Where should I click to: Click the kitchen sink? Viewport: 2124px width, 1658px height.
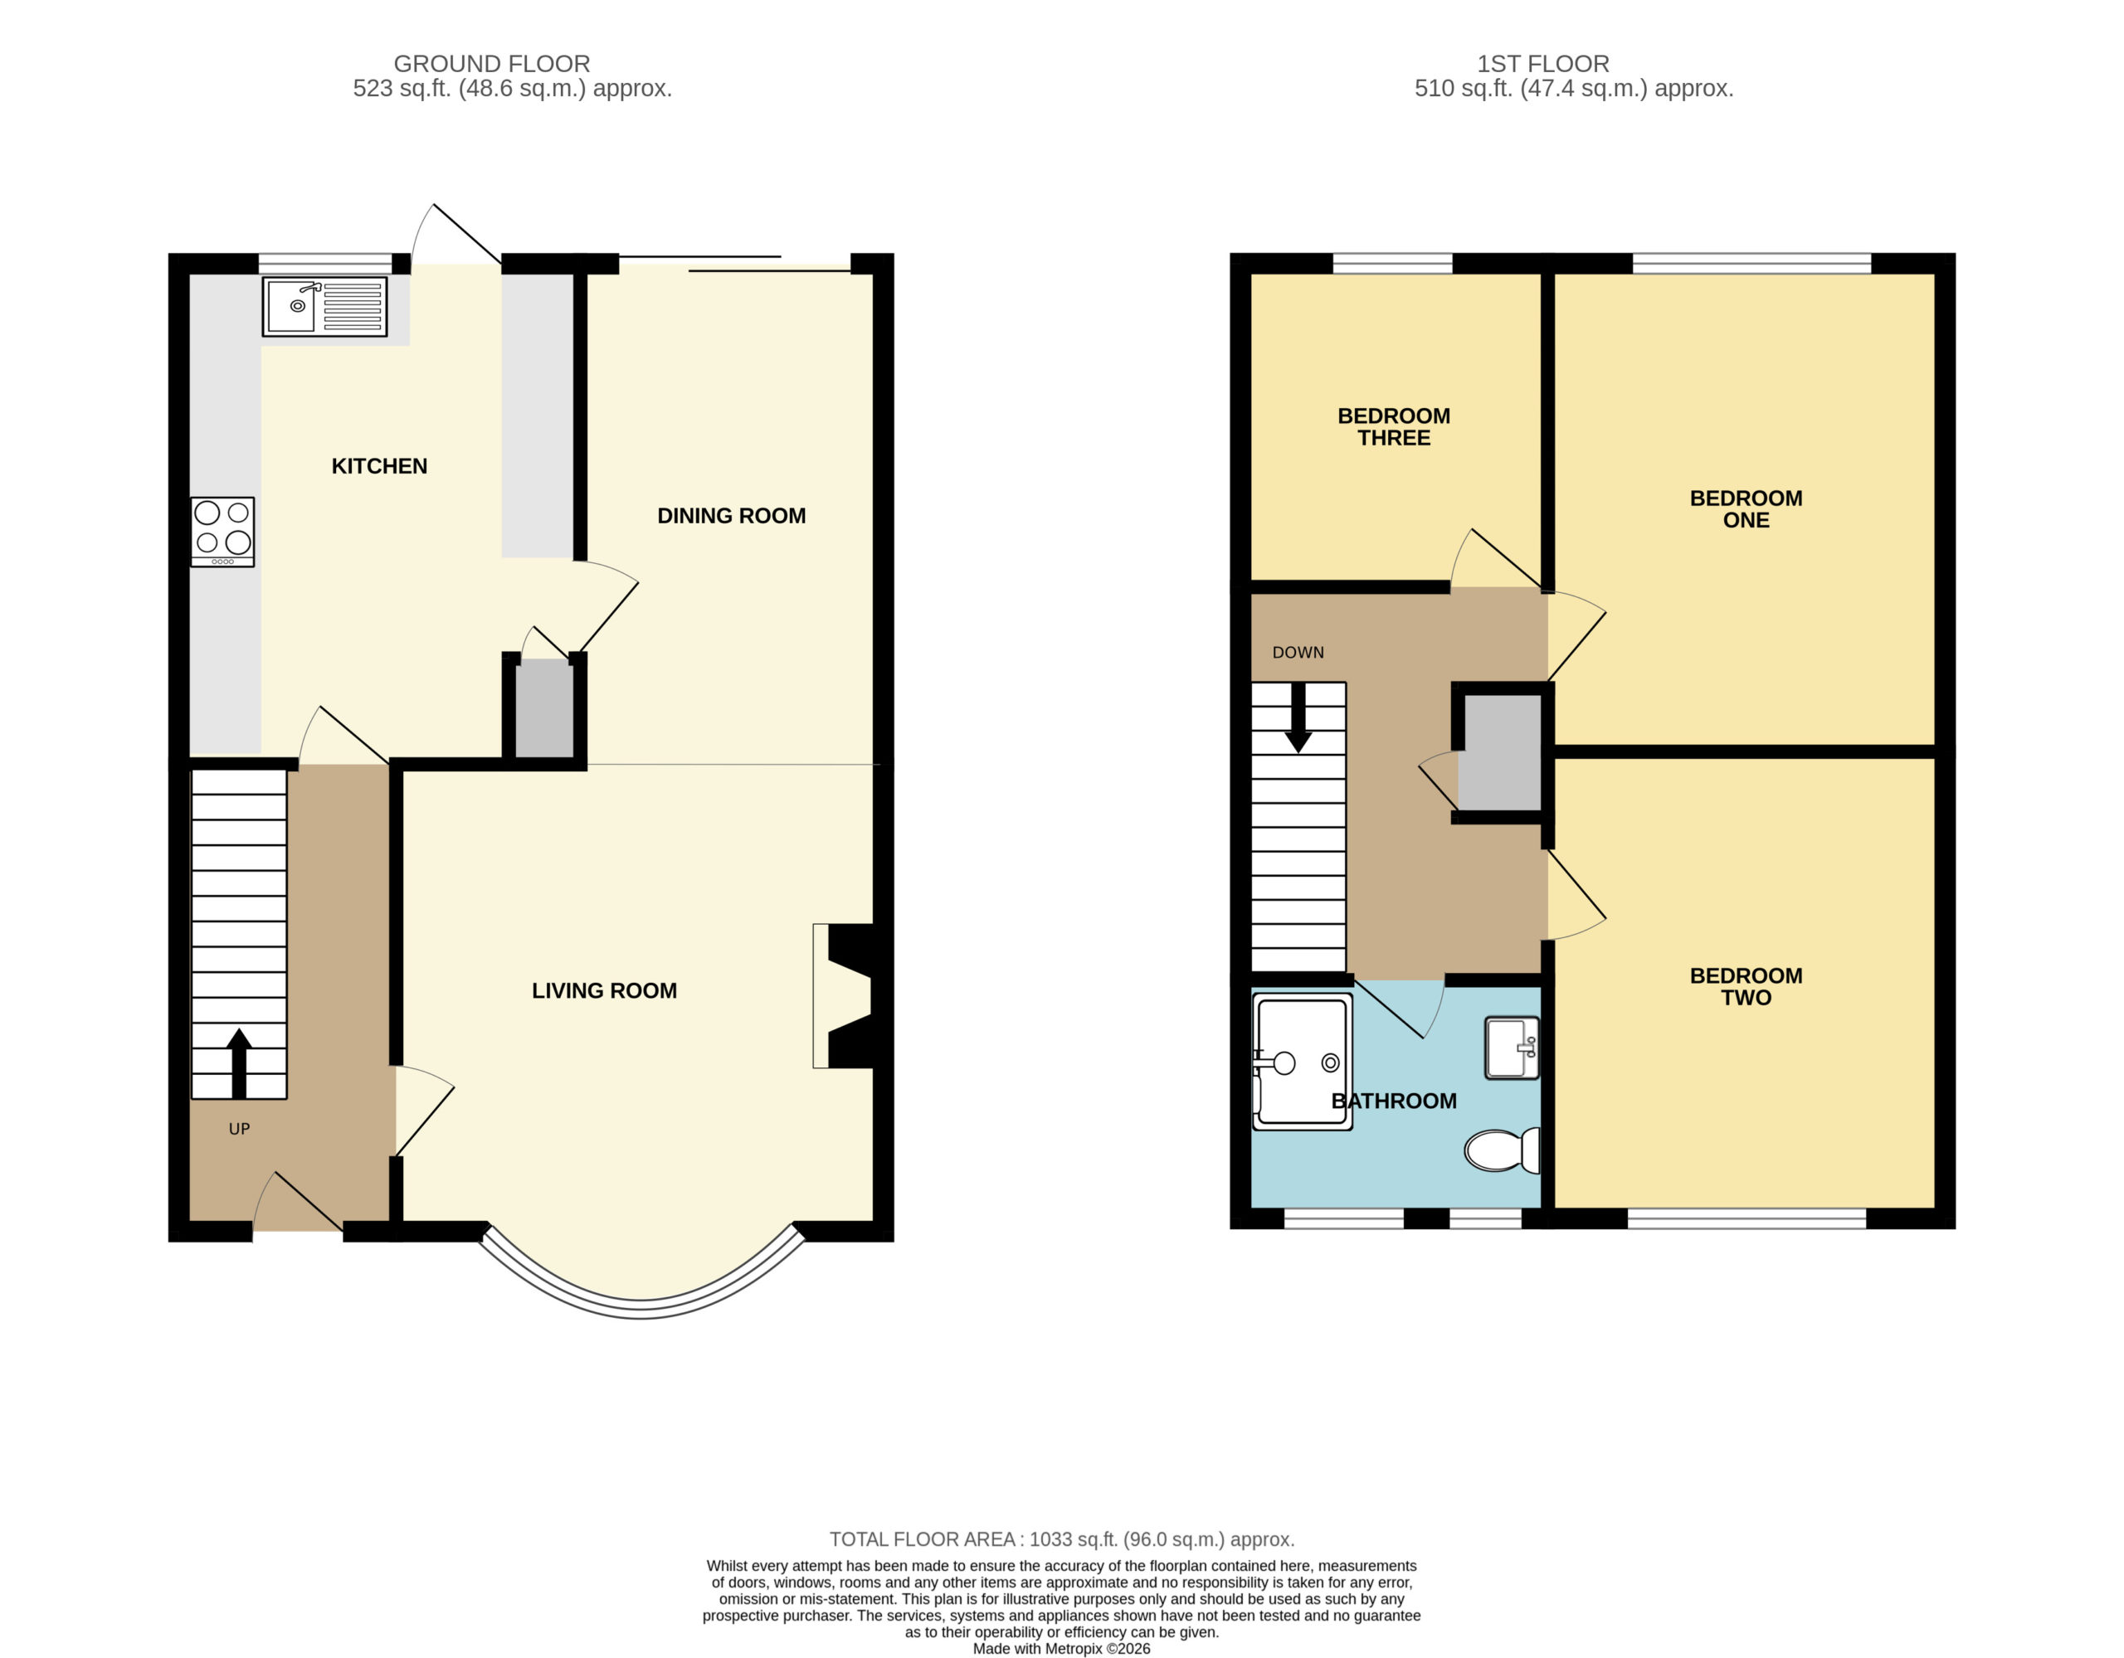pyautogui.click(x=324, y=306)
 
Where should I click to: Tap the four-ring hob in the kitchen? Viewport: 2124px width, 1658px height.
pyautogui.click(x=222, y=532)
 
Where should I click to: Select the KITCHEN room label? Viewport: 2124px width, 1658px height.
pyautogui.click(x=379, y=466)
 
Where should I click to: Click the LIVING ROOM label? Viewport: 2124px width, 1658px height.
pyautogui.click(x=604, y=990)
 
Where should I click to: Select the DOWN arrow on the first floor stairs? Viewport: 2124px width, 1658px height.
pyautogui.click(x=1298, y=717)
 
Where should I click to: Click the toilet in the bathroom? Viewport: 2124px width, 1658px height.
pyautogui.click(x=1502, y=1150)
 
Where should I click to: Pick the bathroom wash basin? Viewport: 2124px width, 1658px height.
pyautogui.click(x=1512, y=1048)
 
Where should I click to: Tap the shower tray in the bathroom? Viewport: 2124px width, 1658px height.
pyautogui.click(x=1303, y=1061)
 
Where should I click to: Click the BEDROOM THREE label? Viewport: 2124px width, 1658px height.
pyautogui.click(x=1394, y=427)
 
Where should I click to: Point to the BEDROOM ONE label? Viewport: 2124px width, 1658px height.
pyautogui.click(x=1746, y=508)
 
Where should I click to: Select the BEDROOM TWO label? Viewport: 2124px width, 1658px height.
pyautogui.click(x=1746, y=986)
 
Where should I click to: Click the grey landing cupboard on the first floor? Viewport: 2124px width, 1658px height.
pyautogui.click(x=1503, y=751)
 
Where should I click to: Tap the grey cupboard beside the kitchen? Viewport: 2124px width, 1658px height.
pyautogui.click(x=543, y=708)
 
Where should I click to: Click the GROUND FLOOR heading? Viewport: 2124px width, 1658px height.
pyautogui.click(x=492, y=64)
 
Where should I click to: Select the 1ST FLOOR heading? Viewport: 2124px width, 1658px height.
pyautogui.click(x=1543, y=64)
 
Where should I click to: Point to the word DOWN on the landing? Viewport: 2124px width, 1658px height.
pyautogui.click(x=1298, y=653)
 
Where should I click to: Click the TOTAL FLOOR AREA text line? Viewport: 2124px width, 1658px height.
pyautogui.click(x=1062, y=1539)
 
